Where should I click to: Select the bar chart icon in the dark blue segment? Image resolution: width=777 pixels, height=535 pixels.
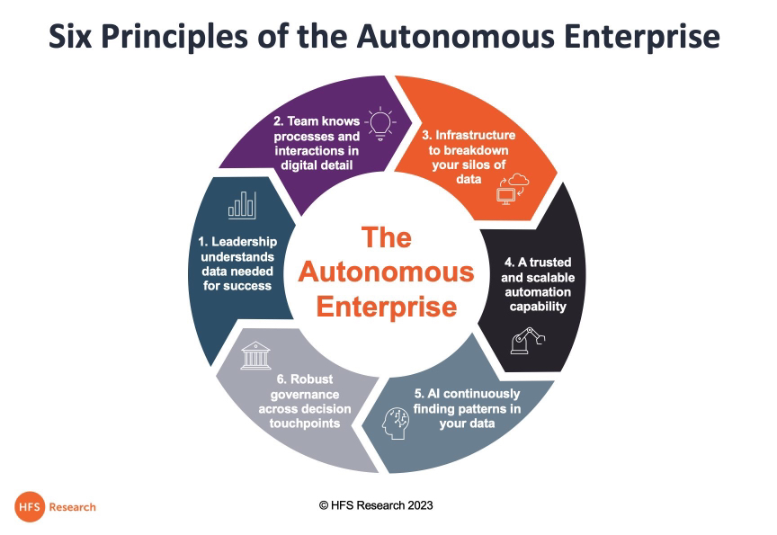[241, 204]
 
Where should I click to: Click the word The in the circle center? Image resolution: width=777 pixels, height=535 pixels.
[386, 237]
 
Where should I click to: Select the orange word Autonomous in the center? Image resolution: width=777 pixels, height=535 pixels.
[386, 272]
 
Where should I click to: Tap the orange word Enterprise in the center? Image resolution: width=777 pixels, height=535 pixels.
[386, 307]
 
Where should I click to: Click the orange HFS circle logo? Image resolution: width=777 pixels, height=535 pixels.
[29, 506]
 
